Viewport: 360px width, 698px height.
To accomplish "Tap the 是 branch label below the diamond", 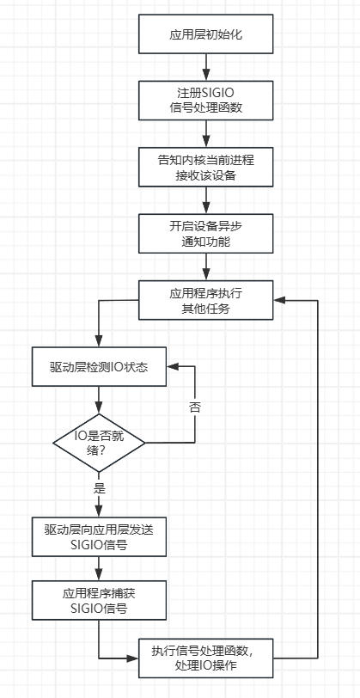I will (x=99, y=487).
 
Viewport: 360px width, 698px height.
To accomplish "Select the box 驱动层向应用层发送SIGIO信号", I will (x=99, y=536).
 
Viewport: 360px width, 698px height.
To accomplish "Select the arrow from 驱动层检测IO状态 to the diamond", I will (x=99, y=400).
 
